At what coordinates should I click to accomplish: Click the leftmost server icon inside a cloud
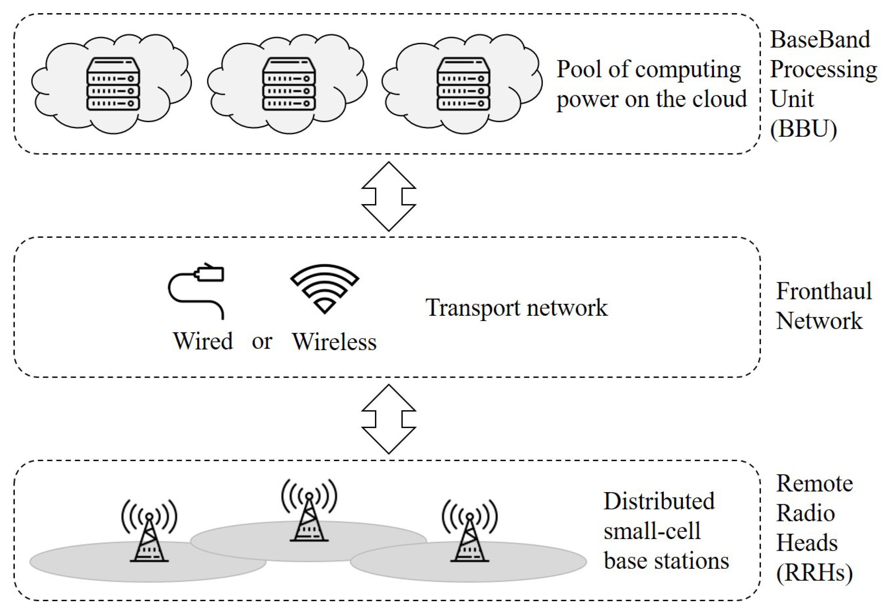coord(113,84)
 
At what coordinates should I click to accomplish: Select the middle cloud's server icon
coord(288,84)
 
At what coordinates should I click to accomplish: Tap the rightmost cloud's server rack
coord(463,84)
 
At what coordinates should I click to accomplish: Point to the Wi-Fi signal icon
coord(324,288)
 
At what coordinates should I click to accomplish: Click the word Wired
coord(203,341)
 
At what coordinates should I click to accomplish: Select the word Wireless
coord(334,342)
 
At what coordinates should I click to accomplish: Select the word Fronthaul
coord(823,291)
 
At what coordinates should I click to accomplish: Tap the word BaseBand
coord(819,39)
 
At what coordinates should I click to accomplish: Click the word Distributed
coord(659,501)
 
